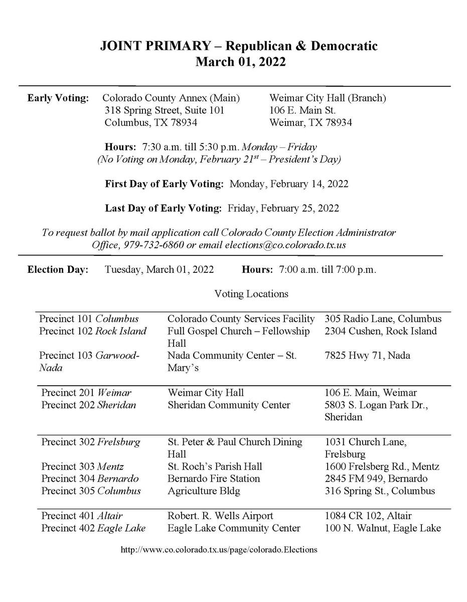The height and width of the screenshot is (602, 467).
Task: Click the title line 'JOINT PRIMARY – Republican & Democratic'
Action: tap(238, 47)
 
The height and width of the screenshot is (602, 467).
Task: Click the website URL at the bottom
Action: tap(219, 549)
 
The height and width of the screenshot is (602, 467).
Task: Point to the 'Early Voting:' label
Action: tap(58, 98)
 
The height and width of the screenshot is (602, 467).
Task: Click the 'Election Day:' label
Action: tap(58, 269)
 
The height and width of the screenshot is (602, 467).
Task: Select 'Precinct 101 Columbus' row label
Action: tap(89, 319)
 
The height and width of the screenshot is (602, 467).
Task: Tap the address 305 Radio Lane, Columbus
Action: tap(383, 319)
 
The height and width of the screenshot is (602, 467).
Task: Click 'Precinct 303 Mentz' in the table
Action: tap(82, 467)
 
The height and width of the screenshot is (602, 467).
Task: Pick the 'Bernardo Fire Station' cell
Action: tap(214, 479)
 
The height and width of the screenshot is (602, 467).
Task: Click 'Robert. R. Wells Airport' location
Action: tap(220, 516)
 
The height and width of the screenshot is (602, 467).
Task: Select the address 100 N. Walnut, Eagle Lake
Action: tap(383, 528)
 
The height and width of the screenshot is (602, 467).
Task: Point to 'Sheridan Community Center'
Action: tap(229, 405)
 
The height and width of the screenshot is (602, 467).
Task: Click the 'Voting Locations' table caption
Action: tap(251, 294)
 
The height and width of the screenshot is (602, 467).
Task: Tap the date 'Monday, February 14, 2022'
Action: tap(288, 184)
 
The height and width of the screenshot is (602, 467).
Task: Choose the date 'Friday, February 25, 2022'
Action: tap(283, 208)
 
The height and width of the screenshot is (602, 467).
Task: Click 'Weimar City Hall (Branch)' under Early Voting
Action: tap(328, 98)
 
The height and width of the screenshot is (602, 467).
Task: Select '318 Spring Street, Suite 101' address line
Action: tap(164, 110)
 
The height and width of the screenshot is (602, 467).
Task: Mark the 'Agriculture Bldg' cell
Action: tap(204, 491)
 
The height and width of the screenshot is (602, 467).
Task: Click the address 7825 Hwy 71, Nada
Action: tap(367, 356)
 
